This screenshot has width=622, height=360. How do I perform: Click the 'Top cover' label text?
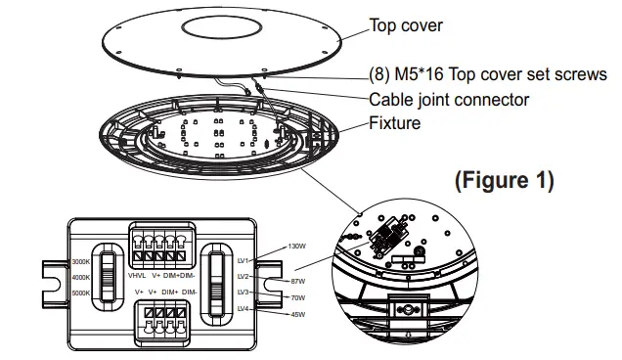pyautogui.click(x=405, y=26)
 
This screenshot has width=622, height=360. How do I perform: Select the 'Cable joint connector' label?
pyautogui.click(x=449, y=99)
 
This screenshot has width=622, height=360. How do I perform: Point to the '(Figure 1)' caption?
pyautogui.click(x=505, y=180)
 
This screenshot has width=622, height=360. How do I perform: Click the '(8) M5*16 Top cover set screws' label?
pyautogui.click(x=487, y=74)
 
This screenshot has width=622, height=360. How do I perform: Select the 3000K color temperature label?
pyautogui.click(x=81, y=261)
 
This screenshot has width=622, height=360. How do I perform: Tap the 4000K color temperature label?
pyautogui.click(x=81, y=277)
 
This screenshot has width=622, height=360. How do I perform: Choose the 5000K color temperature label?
pyautogui.click(x=81, y=292)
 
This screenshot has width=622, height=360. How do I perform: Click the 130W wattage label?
pyautogui.click(x=296, y=247)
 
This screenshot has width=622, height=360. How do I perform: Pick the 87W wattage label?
pyautogui.click(x=298, y=281)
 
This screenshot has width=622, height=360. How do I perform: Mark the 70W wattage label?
pyautogui.click(x=298, y=297)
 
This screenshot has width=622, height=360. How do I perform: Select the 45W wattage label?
pyautogui.click(x=298, y=314)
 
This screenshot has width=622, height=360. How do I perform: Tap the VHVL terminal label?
pyautogui.click(x=137, y=276)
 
